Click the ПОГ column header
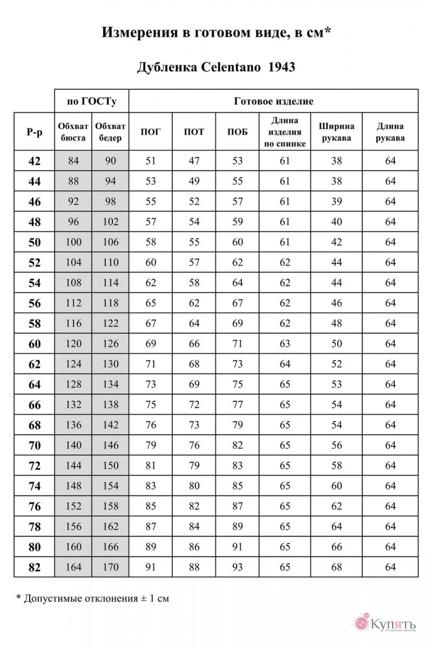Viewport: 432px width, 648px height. click(x=150, y=132)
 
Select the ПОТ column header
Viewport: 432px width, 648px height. click(x=194, y=132)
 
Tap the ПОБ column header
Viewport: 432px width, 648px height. click(x=237, y=132)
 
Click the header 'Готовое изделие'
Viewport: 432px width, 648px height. click(x=274, y=101)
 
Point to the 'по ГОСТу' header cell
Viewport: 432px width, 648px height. click(x=91, y=101)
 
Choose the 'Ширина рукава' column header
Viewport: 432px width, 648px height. click(x=336, y=132)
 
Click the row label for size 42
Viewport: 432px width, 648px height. click(x=34, y=161)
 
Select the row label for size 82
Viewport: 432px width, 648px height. click(x=34, y=567)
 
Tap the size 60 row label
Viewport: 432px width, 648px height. click(x=34, y=344)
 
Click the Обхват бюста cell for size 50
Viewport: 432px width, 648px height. click(x=73, y=242)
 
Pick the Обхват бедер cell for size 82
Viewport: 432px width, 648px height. click(x=111, y=567)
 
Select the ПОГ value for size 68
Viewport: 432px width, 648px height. click(x=150, y=425)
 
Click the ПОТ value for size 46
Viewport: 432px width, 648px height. click(x=194, y=202)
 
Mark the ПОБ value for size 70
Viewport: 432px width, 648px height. click(x=237, y=445)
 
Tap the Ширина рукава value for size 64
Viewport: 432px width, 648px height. click(x=336, y=385)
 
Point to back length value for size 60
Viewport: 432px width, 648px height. click(x=285, y=344)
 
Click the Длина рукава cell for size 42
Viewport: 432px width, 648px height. click(x=390, y=161)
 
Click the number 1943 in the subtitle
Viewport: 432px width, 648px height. click(x=282, y=67)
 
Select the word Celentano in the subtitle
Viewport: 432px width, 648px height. click(x=231, y=67)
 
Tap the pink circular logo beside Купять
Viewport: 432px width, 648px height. click(x=361, y=623)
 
